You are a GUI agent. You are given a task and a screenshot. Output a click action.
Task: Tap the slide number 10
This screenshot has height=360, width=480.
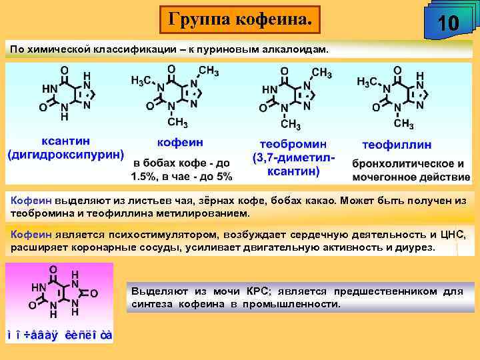click(448, 24)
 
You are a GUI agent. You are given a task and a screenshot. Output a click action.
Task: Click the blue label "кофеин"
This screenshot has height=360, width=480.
click(180, 142)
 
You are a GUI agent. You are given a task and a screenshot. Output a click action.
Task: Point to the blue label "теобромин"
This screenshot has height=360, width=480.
click(293, 144)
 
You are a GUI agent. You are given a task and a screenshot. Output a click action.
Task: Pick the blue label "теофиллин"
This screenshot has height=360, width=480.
click(396, 144)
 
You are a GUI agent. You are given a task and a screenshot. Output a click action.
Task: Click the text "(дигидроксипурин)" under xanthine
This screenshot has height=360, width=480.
click(66, 155)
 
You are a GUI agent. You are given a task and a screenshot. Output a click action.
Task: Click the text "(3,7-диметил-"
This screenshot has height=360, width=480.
click(293, 159)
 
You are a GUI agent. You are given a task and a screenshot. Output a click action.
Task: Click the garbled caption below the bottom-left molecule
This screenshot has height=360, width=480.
click(59, 335)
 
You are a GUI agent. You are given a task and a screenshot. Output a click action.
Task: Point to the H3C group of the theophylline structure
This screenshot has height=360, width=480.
click(368, 81)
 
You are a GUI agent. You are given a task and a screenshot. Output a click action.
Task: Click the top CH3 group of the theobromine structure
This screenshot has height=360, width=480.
click(321, 73)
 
